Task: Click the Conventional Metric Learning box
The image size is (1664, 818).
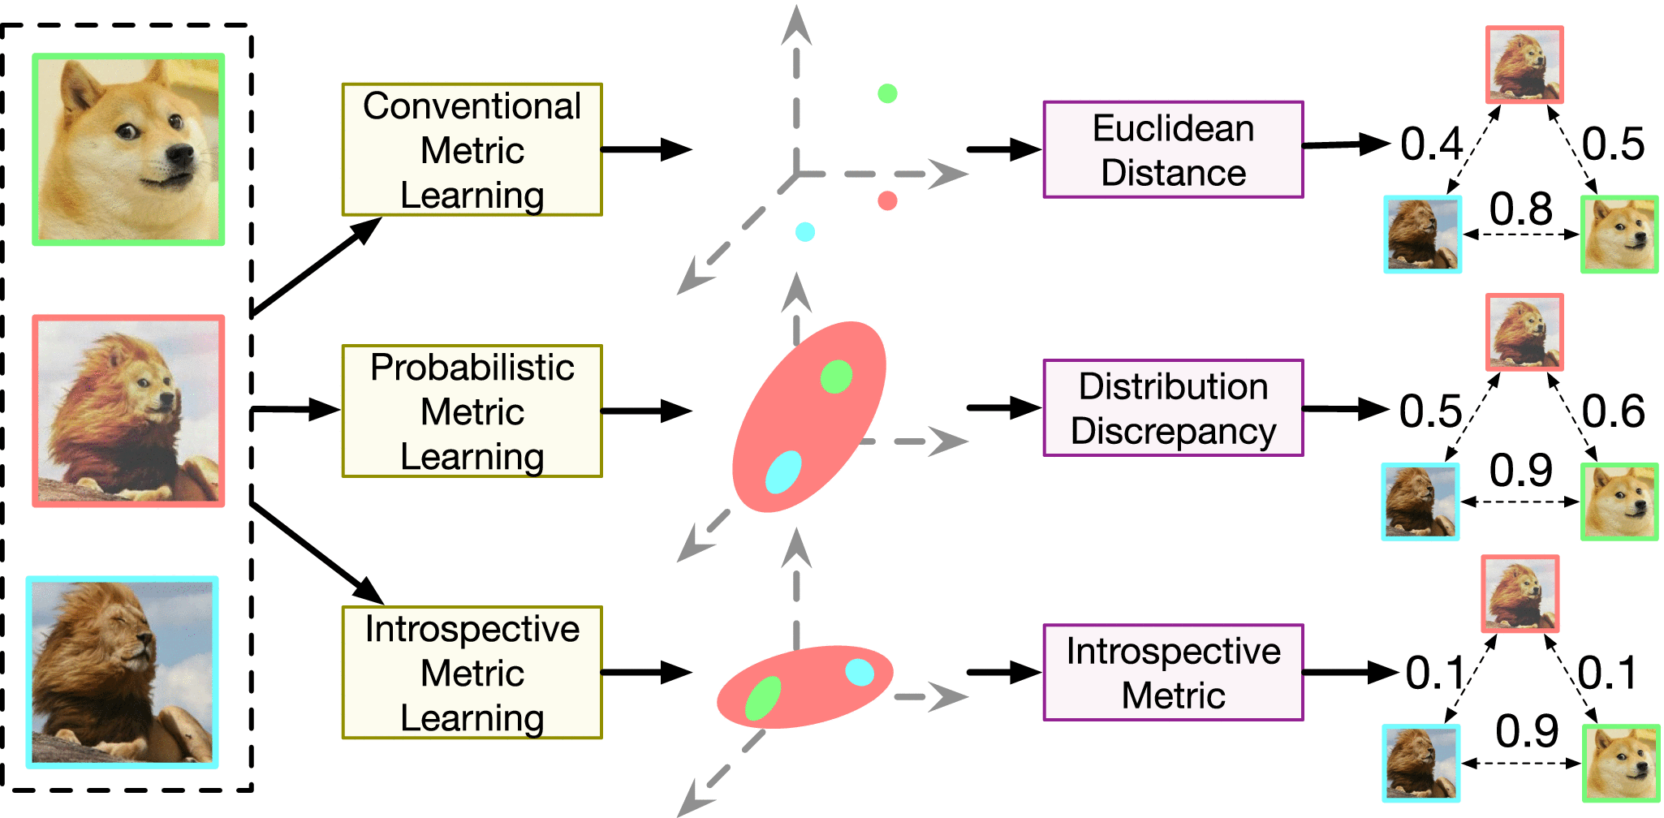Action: pos(472,149)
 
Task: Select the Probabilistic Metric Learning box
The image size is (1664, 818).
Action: pos(472,411)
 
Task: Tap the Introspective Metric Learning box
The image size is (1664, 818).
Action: pos(472,672)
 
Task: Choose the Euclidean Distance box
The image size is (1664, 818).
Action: pos(1173,149)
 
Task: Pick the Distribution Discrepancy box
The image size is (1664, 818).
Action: pos(1173,407)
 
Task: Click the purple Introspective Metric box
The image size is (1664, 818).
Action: pos(1173,672)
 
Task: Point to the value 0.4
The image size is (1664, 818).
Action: pos(1431,144)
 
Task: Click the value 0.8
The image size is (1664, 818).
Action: pos(1520,209)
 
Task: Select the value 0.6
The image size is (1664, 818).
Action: pos(1613,411)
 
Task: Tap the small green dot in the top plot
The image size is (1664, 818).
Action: pos(887,93)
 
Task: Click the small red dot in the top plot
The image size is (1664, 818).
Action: pos(887,200)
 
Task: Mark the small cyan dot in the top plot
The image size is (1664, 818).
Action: pos(804,232)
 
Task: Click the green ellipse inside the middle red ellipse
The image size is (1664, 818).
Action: pos(836,377)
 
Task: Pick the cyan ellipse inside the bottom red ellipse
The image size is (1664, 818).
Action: pos(860,672)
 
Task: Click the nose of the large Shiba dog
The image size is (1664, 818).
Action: pos(180,154)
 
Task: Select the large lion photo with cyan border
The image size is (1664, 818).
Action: pos(123,672)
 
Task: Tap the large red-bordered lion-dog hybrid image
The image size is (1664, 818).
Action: pos(128,411)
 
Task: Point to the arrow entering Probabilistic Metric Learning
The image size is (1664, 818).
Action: pos(296,410)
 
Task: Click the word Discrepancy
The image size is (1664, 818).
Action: pos(1173,431)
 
